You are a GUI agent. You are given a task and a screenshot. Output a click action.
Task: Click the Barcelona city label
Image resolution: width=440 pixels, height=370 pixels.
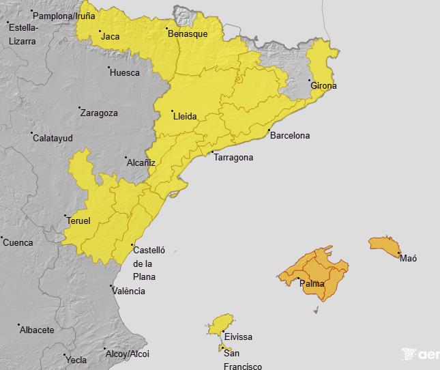289,135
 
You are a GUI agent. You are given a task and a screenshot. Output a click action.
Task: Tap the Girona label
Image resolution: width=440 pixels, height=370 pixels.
323,86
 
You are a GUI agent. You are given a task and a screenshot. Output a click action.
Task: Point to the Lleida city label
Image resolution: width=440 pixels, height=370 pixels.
185,117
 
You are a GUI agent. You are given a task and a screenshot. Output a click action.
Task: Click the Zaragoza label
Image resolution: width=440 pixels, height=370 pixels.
99,113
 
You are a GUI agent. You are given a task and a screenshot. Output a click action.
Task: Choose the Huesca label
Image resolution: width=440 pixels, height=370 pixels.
124,72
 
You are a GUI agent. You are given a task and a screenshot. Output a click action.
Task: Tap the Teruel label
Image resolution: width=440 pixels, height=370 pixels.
78,220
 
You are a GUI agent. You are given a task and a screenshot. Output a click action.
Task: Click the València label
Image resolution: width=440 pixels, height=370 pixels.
128,291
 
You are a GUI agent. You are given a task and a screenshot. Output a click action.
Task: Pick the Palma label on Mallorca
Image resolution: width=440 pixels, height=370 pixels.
312,283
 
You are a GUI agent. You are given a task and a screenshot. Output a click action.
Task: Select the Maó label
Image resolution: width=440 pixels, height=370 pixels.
408,258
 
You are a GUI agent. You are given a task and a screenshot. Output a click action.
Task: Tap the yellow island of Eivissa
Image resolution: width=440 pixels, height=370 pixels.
221,325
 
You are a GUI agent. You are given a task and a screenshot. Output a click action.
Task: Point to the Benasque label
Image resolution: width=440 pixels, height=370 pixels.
188,33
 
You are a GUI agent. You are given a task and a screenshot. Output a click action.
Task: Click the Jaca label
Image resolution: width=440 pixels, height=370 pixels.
111,36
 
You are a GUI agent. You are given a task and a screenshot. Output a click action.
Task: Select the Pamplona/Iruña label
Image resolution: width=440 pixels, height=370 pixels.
64,15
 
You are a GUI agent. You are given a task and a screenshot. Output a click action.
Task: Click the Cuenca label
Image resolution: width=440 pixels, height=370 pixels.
18,242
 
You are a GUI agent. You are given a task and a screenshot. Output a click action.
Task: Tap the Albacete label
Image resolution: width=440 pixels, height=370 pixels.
38,330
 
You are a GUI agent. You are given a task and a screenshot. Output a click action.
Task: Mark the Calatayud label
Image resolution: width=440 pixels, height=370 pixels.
52,138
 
